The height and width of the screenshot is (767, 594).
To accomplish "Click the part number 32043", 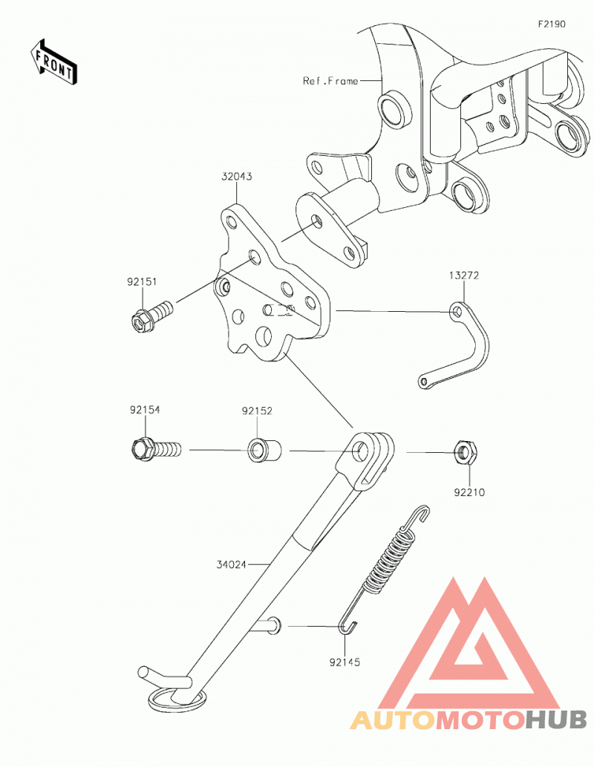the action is click(236, 176).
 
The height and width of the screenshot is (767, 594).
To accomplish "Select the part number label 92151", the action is click(142, 281).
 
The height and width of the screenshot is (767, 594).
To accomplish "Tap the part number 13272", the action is click(464, 275).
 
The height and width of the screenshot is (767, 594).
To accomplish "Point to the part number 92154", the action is click(145, 410).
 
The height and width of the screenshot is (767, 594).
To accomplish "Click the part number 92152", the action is click(257, 411).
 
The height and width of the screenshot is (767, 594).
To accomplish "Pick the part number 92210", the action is click(469, 492).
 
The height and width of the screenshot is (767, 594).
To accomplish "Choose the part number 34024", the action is click(232, 564).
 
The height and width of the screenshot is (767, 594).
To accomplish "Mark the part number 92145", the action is click(345, 662).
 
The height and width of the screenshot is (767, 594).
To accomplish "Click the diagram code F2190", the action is click(552, 24).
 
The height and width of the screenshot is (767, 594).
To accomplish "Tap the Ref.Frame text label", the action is click(330, 81).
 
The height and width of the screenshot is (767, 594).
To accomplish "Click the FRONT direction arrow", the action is click(53, 62).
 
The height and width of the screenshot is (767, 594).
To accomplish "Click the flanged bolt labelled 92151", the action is click(152, 315).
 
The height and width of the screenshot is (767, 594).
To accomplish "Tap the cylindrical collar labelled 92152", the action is click(265, 450).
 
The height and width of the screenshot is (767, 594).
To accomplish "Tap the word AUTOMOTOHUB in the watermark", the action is click(469, 719).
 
